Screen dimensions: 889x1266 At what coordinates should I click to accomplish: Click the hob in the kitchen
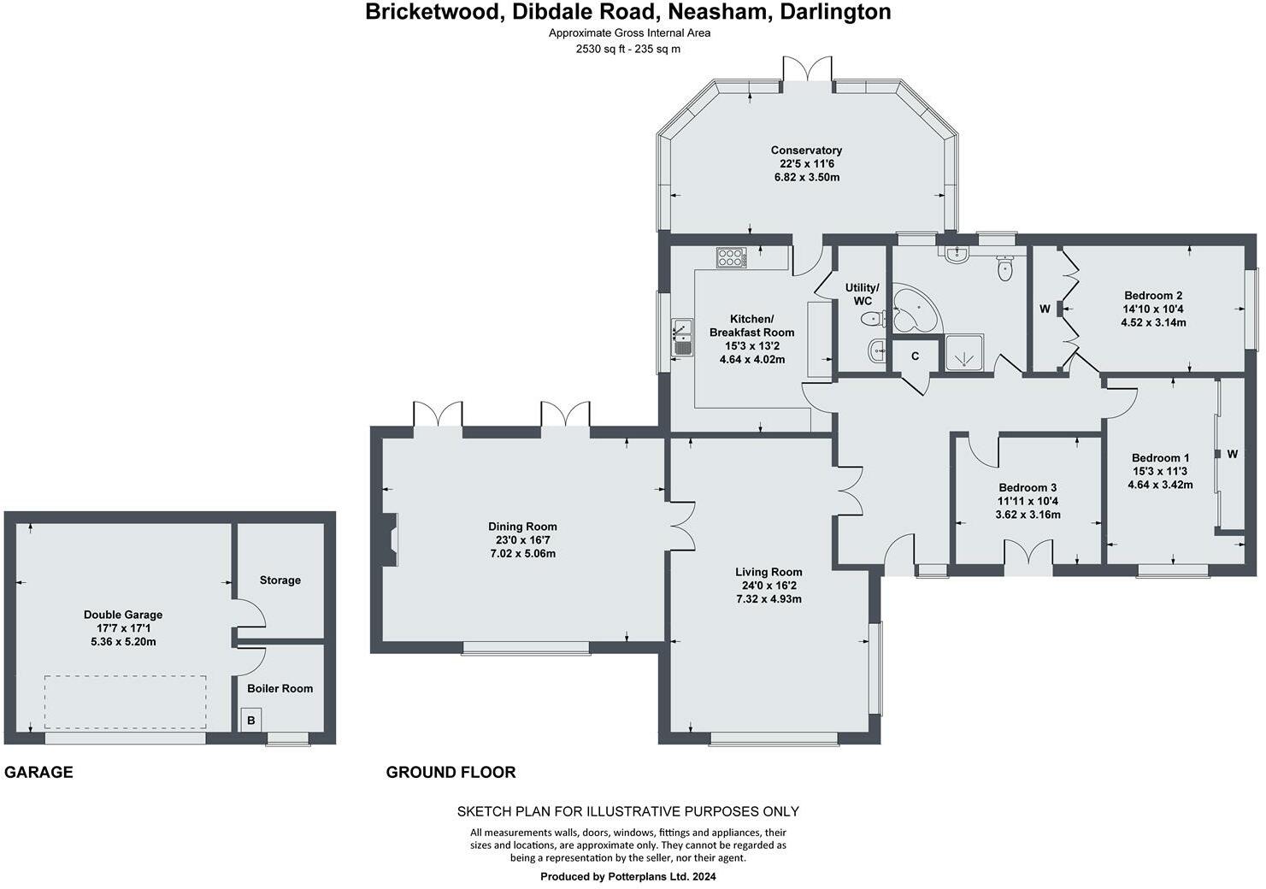731,256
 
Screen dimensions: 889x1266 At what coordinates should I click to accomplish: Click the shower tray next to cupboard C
963,354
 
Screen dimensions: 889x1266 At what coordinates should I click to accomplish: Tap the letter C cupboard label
915,356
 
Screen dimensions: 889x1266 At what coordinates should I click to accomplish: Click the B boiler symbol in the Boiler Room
250,721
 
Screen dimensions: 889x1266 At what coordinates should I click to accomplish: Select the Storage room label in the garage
280,580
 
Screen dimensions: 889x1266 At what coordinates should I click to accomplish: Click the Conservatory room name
806,150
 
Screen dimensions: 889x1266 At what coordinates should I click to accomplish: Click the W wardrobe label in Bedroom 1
1232,455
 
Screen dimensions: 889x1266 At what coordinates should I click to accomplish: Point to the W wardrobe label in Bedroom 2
1045,309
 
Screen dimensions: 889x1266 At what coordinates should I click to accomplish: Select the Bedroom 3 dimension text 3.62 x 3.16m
1028,515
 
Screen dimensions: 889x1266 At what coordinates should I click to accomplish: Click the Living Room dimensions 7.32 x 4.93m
768,599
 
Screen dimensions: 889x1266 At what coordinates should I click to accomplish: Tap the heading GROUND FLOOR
450,773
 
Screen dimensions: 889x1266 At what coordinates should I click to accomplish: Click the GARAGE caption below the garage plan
38,773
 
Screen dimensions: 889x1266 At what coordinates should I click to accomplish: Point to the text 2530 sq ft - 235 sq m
628,49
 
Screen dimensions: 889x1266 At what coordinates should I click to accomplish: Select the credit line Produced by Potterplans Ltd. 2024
628,876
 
